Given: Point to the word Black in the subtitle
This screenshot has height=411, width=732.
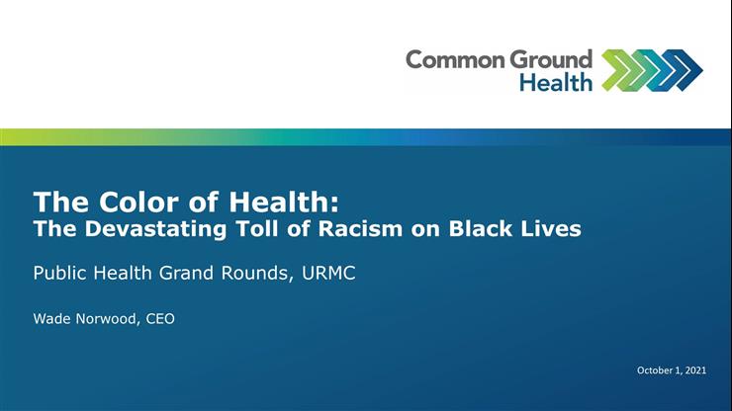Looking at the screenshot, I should (474, 229).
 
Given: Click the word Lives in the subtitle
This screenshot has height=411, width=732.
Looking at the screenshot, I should (551, 229).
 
